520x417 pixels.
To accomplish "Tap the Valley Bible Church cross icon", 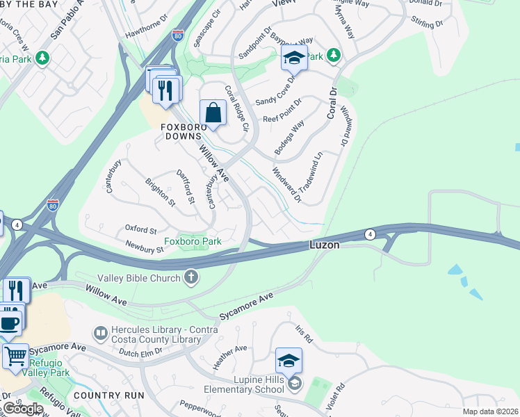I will (x=192, y=278).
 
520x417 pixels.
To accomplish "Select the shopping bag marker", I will (x=213, y=113).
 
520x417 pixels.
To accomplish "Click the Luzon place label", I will (x=324, y=246).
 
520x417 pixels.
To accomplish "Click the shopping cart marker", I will (x=15, y=356).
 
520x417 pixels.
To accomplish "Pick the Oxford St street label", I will (x=140, y=229).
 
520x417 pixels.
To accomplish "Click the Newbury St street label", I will (x=144, y=246).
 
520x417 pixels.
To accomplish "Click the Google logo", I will (x=22, y=409).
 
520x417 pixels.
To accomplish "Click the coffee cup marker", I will (x=10, y=321).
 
